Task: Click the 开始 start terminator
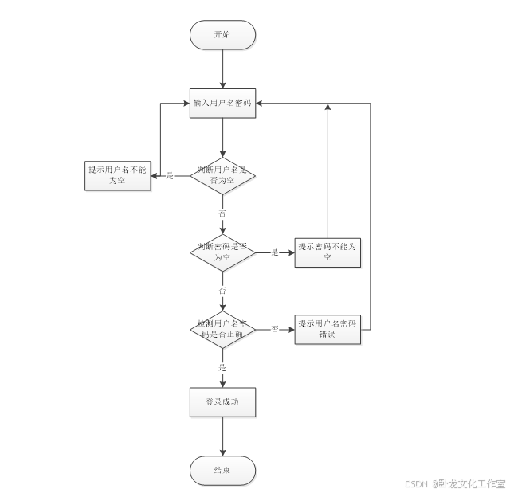click(222, 35)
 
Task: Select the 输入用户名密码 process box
click(222, 103)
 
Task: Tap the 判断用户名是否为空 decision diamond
click(222, 175)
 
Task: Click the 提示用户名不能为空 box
click(118, 176)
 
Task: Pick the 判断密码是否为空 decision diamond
click(222, 252)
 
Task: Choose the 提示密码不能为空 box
click(328, 252)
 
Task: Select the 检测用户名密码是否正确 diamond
click(222, 329)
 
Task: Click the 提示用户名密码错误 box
click(328, 328)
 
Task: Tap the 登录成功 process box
click(222, 402)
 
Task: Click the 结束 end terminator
click(222, 470)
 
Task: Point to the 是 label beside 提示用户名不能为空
click(169, 176)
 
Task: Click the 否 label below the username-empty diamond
click(222, 214)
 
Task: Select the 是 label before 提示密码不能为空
click(275, 252)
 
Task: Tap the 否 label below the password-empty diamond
click(222, 291)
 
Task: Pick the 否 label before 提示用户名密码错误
click(275, 329)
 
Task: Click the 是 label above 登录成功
click(222, 368)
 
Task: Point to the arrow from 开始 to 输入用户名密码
click(222, 68)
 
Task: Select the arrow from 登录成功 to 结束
click(222, 436)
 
